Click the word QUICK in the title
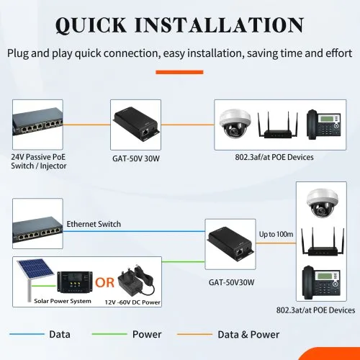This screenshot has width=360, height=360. tap(91, 25)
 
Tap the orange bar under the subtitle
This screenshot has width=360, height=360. tap(179, 72)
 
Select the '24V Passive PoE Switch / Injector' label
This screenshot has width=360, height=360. tap(39, 161)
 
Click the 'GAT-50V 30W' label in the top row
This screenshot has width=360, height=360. tap(136, 158)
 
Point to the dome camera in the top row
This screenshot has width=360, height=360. tap(235, 124)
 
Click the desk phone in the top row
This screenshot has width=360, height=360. tap(323, 125)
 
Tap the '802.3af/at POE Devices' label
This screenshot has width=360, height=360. tap(274, 157)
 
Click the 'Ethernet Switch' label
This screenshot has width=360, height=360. tap(94, 224)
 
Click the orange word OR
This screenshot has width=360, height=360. tap(104, 282)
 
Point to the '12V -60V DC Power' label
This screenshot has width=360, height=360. tap(132, 302)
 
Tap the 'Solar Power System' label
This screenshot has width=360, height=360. tap(63, 301)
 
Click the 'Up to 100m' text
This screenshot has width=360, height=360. tap(276, 234)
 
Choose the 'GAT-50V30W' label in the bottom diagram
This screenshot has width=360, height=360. tap(231, 282)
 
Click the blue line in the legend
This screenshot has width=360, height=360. tap(27, 334)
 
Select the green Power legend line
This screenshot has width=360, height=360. tap(109, 334)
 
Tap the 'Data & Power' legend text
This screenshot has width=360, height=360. tap(248, 335)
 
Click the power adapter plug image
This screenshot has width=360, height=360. tap(136, 281)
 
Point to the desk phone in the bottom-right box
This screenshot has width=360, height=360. tap(321, 282)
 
